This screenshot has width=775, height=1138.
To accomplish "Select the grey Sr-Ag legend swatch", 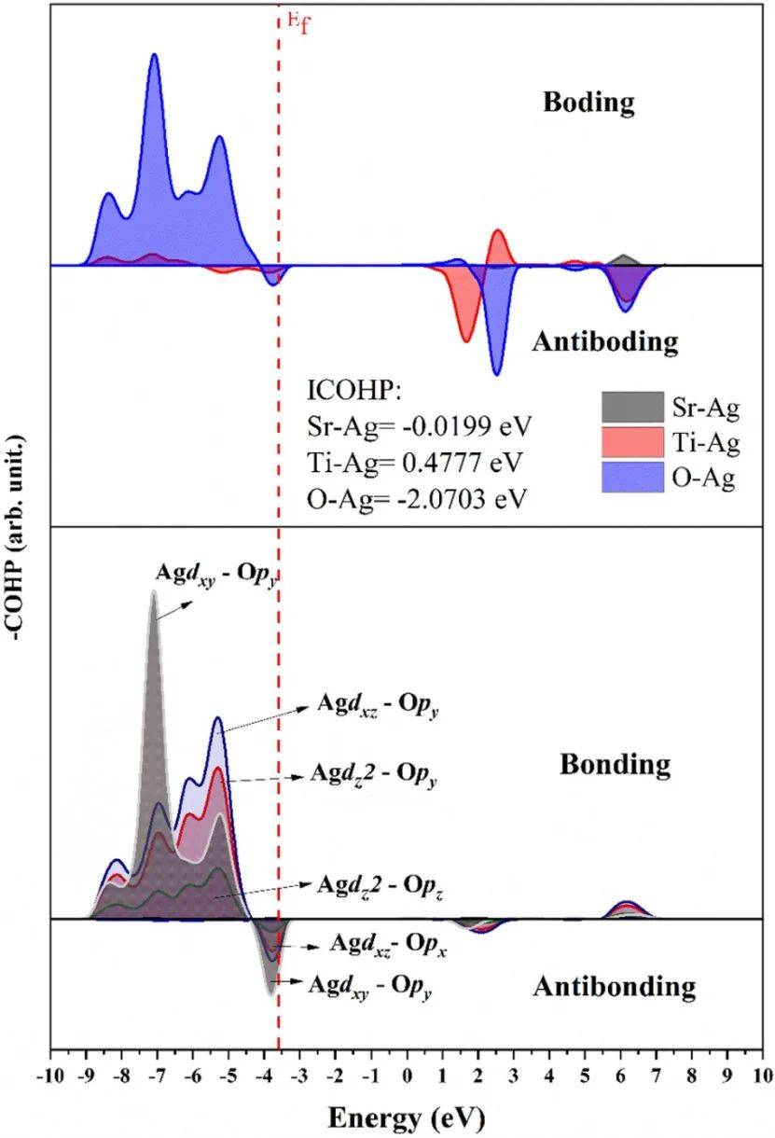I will click(x=631, y=408).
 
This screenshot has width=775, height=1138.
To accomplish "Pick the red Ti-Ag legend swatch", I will click(x=631, y=443).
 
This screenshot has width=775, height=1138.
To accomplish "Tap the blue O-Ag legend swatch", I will click(x=631, y=479).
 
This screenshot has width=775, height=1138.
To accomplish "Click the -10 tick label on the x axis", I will click(x=49, y=1075).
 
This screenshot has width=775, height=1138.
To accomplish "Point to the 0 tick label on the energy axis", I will click(x=408, y=1075).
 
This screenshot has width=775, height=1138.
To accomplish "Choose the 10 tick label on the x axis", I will click(x=761, y=1075).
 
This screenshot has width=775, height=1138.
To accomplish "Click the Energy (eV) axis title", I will click(x=406, y=1115).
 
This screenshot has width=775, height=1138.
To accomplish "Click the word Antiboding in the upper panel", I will click(x=604, y=341).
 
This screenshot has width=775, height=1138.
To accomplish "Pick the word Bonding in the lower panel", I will click(x=615, y=765).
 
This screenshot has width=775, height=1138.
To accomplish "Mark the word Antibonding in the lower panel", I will click(x=615, y=986).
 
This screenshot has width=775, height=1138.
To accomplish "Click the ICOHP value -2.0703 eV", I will click(x=475, y=498).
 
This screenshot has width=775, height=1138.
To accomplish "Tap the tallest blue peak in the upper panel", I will click(x=155, y=55).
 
